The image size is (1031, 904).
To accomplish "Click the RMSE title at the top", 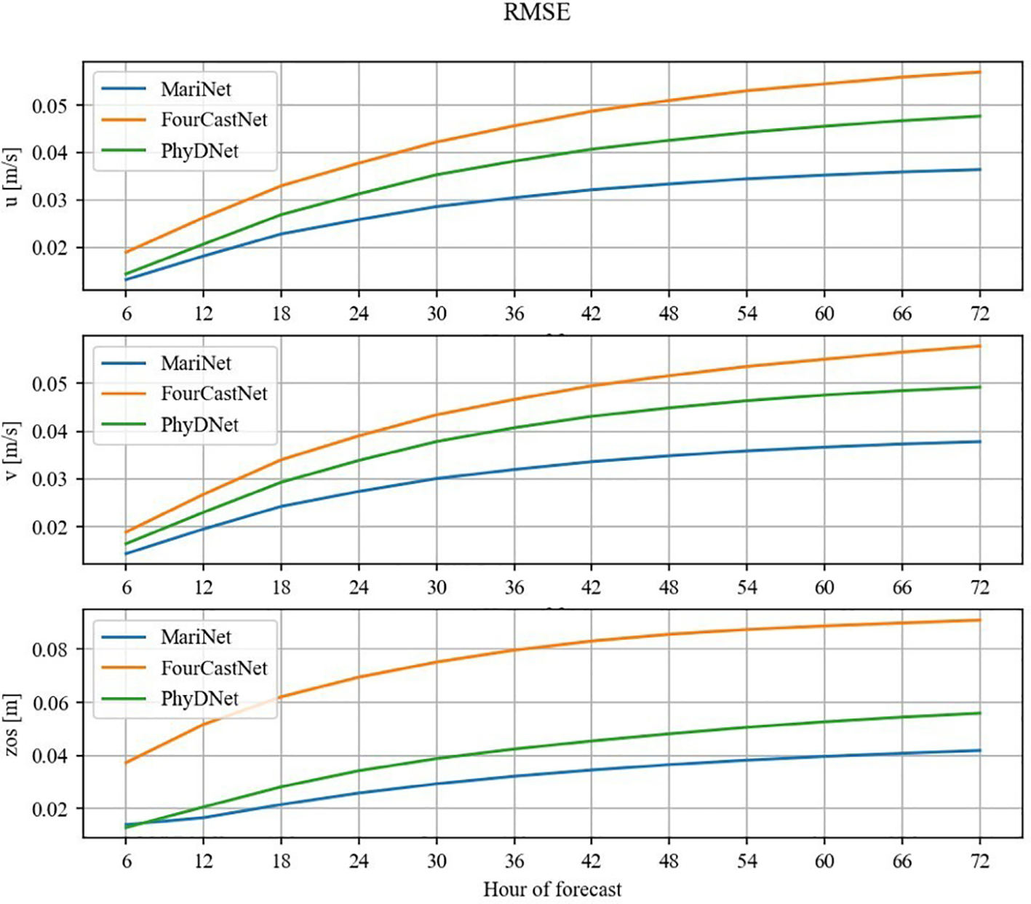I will [x=536, y=12].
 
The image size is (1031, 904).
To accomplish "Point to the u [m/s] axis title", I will [x=12, y=176].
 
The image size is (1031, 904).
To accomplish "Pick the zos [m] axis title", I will [x=12, y=725].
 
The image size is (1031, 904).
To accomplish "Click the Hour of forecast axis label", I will [x=552, y=889].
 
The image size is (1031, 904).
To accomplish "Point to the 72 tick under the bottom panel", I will [x=980, y=862].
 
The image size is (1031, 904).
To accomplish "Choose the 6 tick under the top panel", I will [x=127, y=314].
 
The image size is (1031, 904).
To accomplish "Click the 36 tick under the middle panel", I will [x=514, y=587].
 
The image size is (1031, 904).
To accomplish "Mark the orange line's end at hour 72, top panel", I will [x=980, y=72].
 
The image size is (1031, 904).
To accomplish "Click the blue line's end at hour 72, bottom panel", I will [x=980, y=750].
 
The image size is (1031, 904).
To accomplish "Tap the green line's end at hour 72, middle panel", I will [x=980, y=387].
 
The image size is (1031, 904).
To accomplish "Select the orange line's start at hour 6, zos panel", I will [x=127, y=763].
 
